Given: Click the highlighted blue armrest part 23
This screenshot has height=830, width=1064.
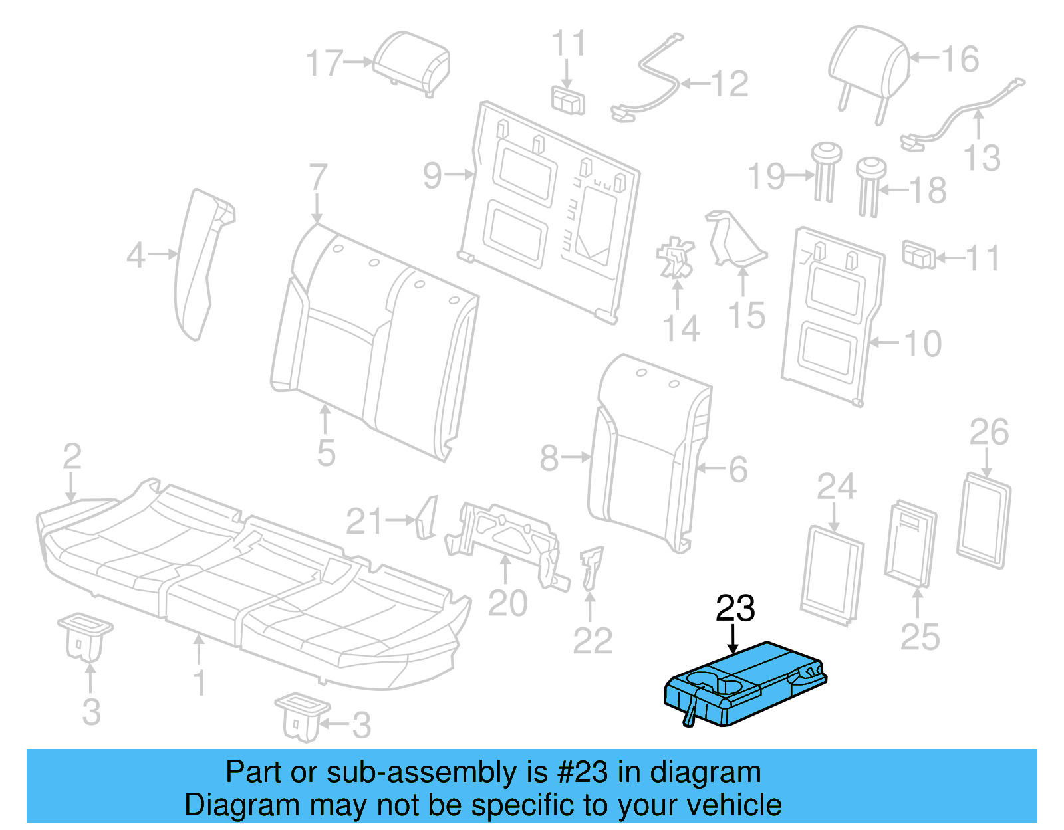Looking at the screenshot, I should (745, 684).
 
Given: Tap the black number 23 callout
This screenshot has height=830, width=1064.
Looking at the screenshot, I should (735, 609).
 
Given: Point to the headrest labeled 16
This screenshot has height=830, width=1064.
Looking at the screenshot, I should (868, 66).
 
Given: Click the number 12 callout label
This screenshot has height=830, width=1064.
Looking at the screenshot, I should (730, 84).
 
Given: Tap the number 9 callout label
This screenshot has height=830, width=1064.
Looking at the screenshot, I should (432, 175).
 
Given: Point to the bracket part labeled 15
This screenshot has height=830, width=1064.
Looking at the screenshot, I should (735, 239).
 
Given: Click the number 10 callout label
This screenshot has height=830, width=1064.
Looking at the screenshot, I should (923, 344).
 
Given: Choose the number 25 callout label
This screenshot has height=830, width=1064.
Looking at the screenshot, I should (920, 637).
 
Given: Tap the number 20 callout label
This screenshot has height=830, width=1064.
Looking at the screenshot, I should (507, 603).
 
